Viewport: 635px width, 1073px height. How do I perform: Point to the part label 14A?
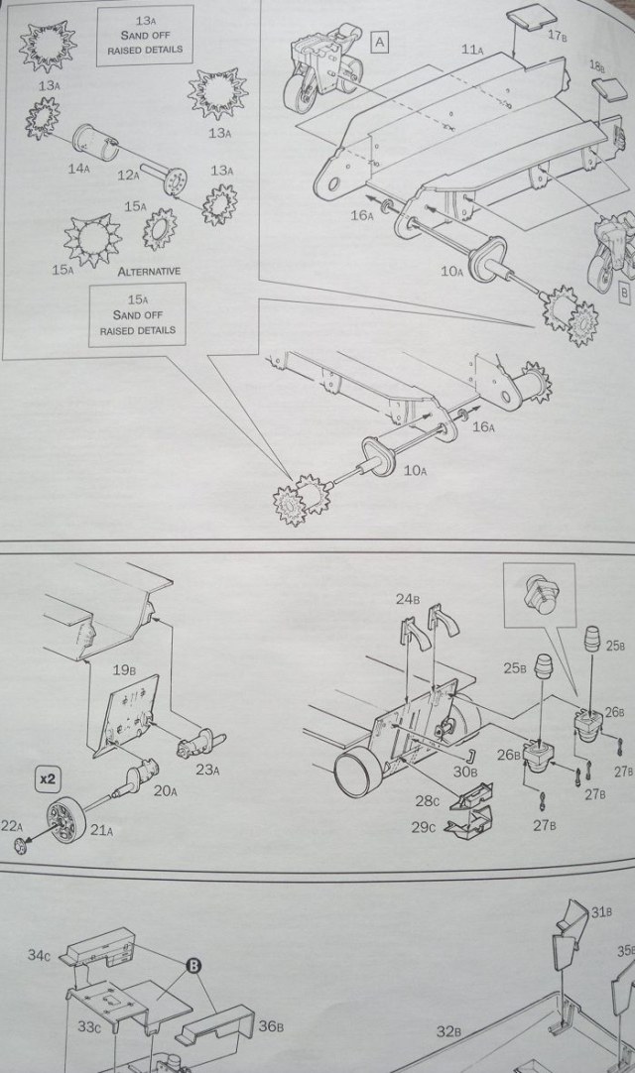[79, 169]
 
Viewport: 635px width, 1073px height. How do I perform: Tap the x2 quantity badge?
[48, 776]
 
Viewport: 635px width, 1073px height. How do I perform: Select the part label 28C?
[428, 800]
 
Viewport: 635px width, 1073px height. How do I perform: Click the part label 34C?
[39, 955]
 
